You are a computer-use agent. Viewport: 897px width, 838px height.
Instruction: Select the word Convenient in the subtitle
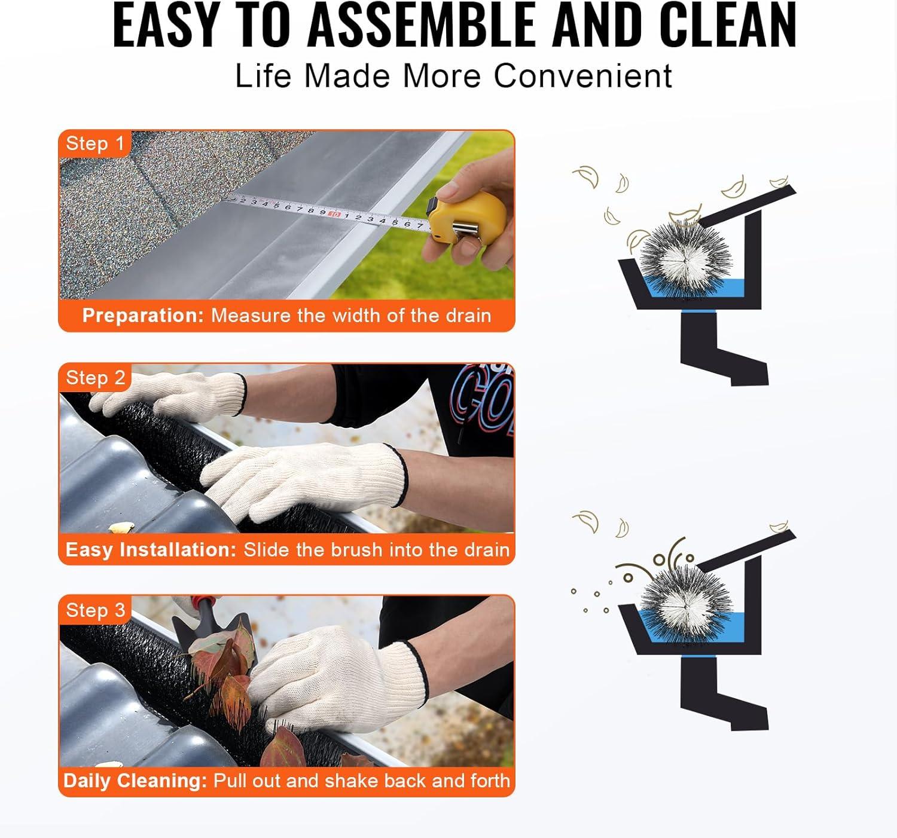[x=582, y=76]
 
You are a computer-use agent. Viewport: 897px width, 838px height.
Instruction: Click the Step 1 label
[x=95, y=143]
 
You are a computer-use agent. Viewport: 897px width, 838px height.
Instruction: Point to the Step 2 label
[x=95, y=378]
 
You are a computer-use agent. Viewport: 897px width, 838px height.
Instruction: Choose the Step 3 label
[x=95, y=610]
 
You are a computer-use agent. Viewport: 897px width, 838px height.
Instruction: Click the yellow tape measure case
[x=468, y=218]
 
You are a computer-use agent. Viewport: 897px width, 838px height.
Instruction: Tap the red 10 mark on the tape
[x=334, y=213]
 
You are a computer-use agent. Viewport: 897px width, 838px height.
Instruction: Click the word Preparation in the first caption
[x=144, y=316]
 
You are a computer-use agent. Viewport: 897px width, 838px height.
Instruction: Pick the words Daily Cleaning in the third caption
[x=135, y=781]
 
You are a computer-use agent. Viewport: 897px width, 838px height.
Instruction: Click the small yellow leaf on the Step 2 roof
[x=121, y=527]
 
